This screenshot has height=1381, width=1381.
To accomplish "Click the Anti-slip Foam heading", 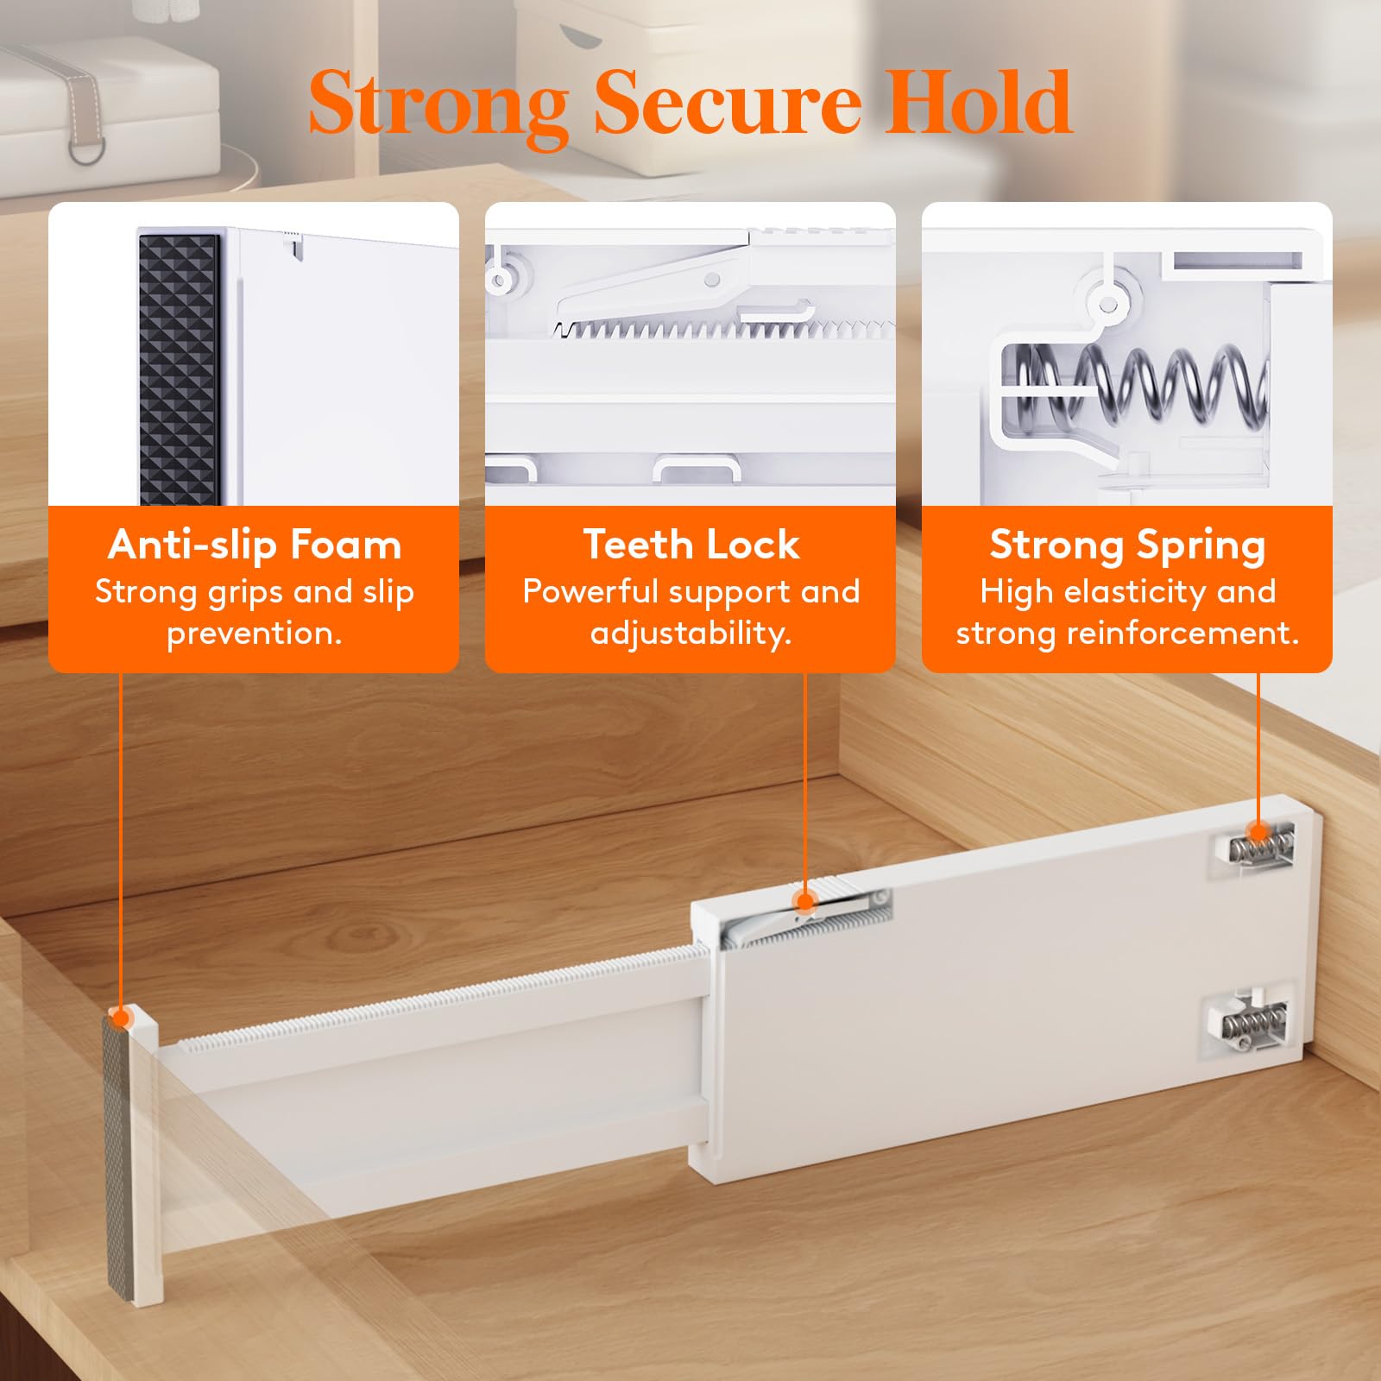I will click(x=255, y=545).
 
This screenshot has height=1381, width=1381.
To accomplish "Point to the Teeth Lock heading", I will click(x=690, y=545).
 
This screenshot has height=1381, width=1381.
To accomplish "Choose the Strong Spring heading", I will click(x=1127, y=545).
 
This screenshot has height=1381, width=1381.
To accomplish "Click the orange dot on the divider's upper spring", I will click(x=1258, y=833).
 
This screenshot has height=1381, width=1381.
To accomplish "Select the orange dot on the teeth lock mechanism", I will click(x=805, y=903).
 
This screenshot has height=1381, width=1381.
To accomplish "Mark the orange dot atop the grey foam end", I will click(x=121, y=1018).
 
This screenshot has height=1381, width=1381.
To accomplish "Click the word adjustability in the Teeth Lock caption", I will click(x=690, y=634).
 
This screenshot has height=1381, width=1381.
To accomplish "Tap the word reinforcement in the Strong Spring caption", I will click(x=1182, y=634).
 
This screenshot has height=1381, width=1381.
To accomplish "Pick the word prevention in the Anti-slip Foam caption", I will click(x=255, y=634).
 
